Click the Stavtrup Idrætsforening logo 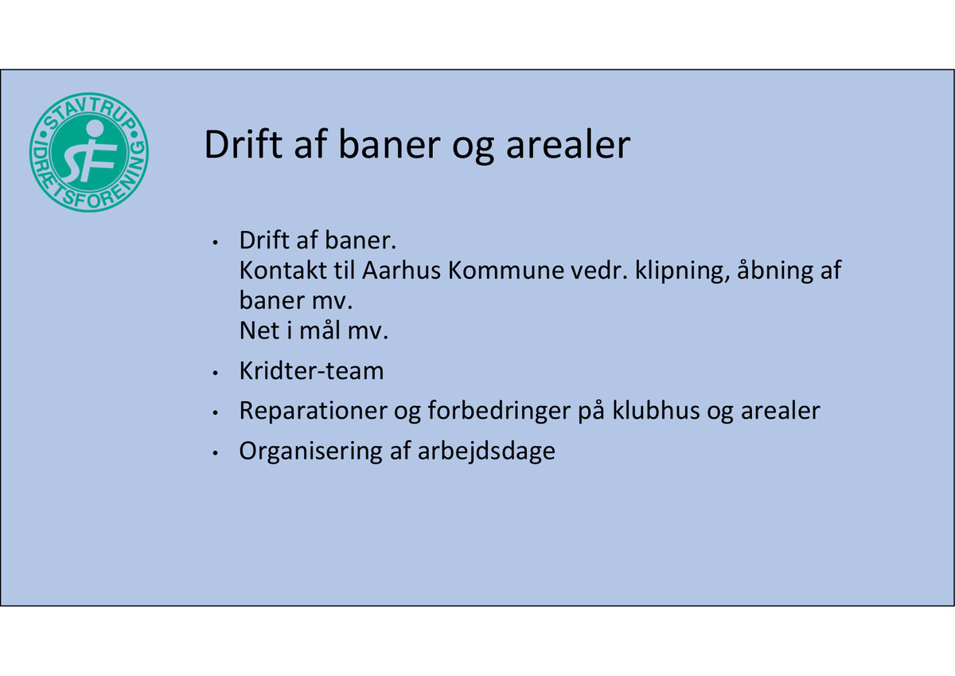pos(89,152)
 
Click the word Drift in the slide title pos(244,144)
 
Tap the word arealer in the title pos(568,144)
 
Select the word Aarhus pos(401,270)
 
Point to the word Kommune pos(506,270)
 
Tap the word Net pos(259,330)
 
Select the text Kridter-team pos(312,370)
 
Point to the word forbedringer pos(499,411)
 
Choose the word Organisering pos(311,451)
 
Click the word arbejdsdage pos(486,451)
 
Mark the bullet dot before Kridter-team pos(216,373)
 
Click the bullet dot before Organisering pos(216,453)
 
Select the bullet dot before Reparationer pos(216,413)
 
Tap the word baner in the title pos(389,144)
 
